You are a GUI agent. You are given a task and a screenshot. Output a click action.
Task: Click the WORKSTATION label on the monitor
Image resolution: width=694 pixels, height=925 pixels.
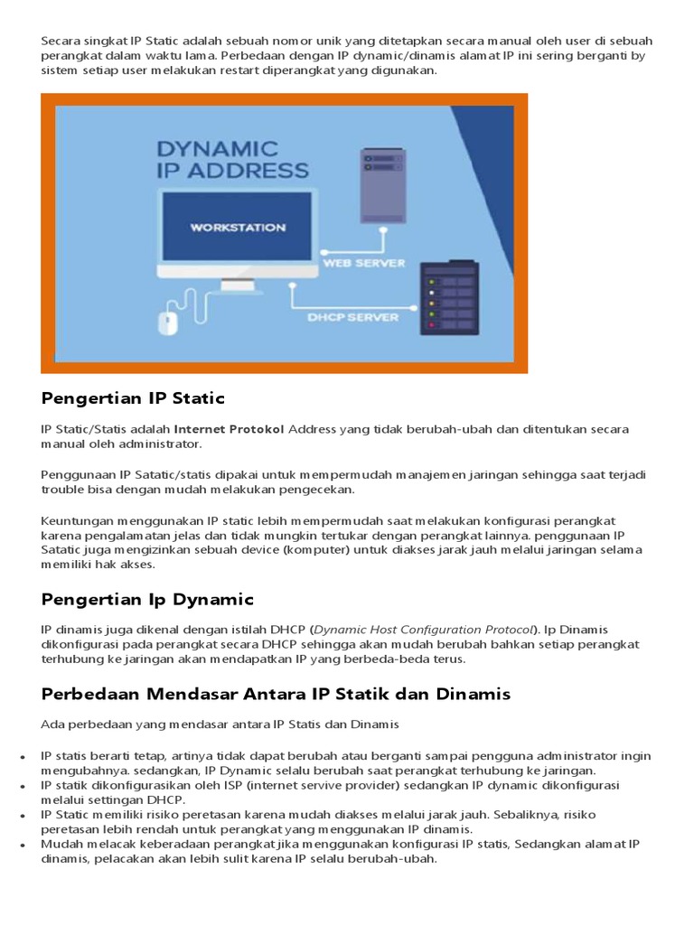coord(237,228)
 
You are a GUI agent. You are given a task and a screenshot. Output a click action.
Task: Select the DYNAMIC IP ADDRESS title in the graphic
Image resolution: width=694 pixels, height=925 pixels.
coord(232,158)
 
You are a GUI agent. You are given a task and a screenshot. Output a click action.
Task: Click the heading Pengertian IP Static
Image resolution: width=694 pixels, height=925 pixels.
coord(133,398)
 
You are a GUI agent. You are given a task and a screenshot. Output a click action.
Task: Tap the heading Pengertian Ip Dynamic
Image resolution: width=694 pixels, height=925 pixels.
coord(147,599)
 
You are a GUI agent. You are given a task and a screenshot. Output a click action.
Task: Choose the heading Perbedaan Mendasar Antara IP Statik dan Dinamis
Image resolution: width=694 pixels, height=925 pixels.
coord(276,694)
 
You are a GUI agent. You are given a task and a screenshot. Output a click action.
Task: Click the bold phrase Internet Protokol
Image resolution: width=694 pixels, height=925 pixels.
coord(229,429)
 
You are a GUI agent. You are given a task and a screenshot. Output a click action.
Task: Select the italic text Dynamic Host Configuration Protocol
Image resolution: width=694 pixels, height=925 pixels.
coord(424,629)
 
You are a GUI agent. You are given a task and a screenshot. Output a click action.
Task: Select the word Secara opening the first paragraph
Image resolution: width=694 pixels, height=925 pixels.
coord(61,42)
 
